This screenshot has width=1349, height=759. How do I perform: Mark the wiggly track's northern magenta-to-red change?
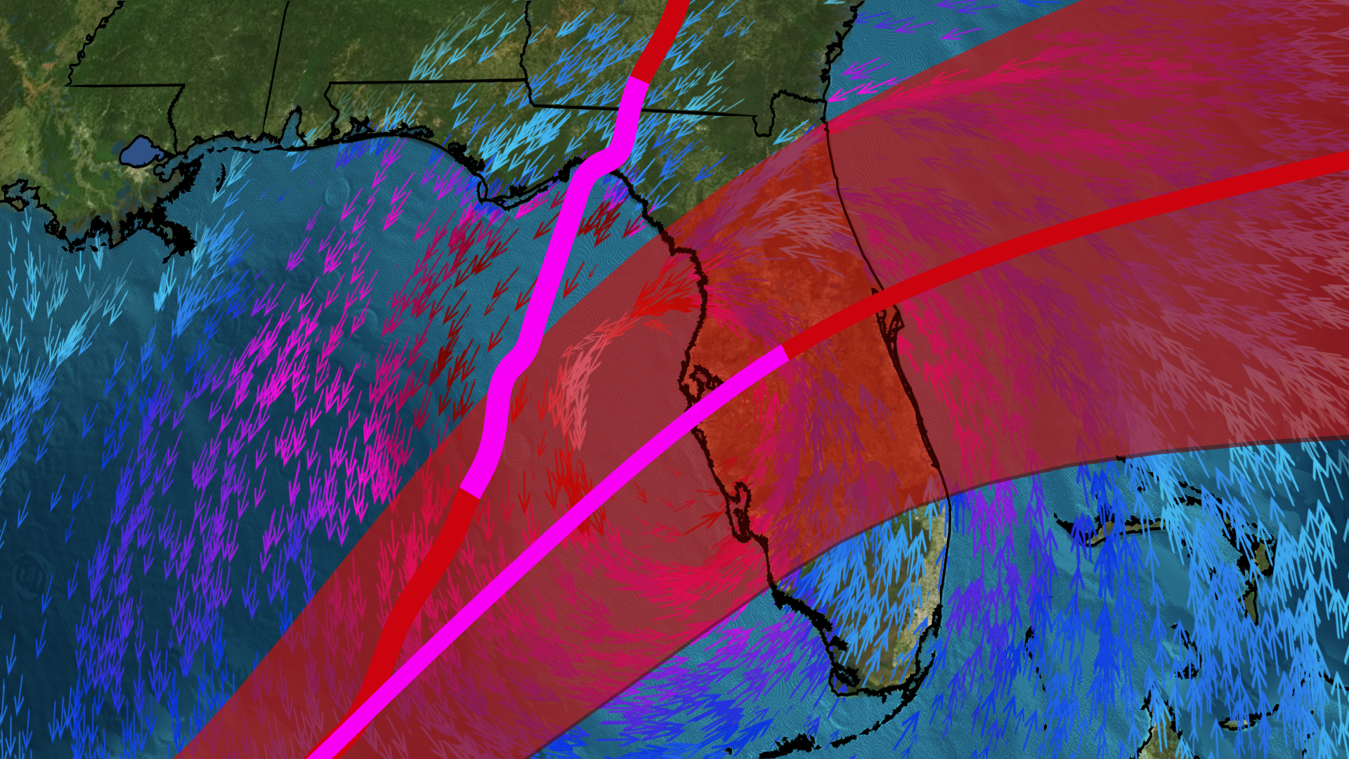point(638,79)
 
